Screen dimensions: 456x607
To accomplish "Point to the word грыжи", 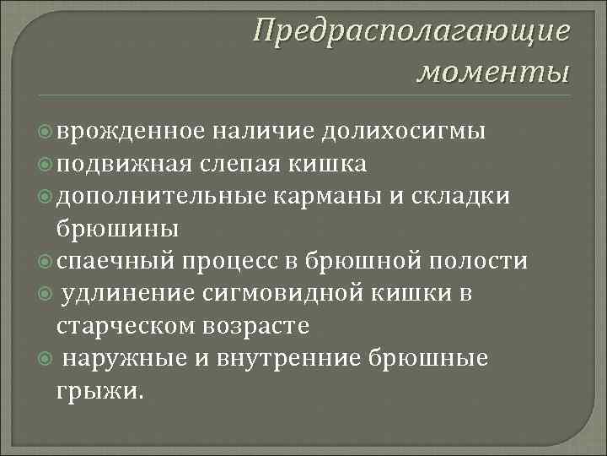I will pyautogui.click(x=99, y=391).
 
